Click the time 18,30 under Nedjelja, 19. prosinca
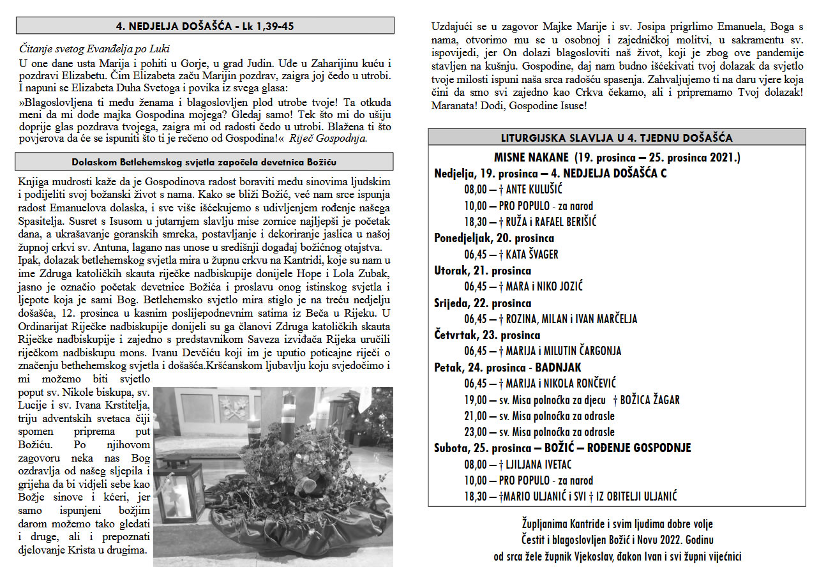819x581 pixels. [475, 222]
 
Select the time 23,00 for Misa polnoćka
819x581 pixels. [475, 432]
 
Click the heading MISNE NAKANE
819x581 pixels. [531, 157]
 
